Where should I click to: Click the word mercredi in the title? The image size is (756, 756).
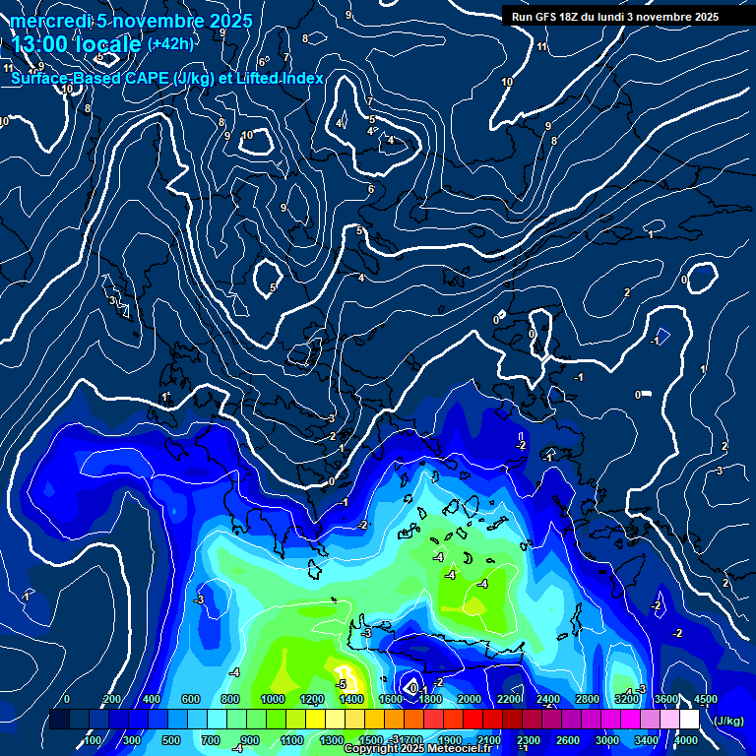49,21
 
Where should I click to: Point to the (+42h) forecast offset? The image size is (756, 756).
170,43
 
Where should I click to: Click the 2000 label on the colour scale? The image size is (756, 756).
470,699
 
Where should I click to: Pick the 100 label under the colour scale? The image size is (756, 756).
92,739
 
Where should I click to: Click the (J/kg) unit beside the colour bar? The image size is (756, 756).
729,721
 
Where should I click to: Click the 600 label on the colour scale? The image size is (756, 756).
192,699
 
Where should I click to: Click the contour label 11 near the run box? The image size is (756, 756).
542,46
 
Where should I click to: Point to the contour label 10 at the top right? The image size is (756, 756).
507,82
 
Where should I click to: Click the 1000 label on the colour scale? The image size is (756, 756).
272,699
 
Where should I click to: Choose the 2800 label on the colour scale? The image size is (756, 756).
588,699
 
